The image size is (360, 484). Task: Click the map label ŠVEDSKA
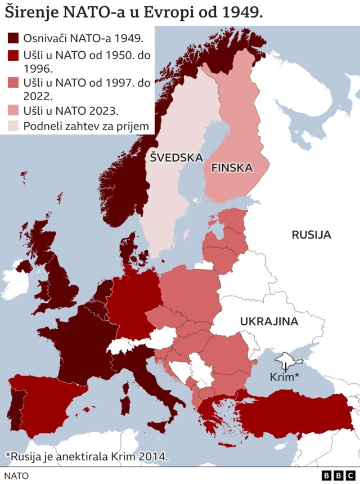click(176, 158)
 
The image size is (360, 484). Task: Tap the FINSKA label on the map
click(231, 168)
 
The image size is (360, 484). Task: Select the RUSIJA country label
click(311, 235)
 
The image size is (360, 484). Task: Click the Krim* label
click(284, 377)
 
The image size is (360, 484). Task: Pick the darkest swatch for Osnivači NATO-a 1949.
click(13, 38)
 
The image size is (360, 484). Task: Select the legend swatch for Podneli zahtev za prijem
click(13, 126)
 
